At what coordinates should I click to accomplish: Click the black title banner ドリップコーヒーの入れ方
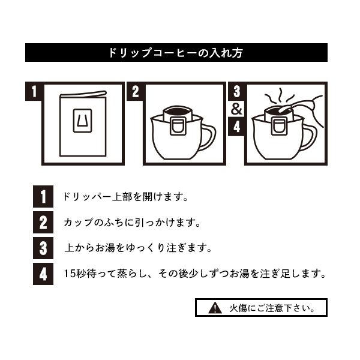(176, 52)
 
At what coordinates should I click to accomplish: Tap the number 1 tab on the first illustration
(34, 91)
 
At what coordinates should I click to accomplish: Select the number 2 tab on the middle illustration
(136, 91)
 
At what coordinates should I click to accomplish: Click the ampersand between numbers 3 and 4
(236, 109)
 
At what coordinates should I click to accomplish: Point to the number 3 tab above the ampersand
(236, 91)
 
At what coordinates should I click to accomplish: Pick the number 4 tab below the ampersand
(236, 127)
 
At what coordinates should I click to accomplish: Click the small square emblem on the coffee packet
(82, 121)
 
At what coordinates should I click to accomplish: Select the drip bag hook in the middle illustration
(178, 126)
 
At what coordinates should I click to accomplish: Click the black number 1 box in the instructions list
(43, 197)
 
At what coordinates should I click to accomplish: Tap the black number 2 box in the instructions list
(43, 222)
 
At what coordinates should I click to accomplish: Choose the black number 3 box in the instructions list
(43, 248)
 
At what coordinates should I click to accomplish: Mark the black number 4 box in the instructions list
(43, 274)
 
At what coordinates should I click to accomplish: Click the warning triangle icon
(215, 308)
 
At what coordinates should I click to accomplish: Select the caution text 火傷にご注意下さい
(272, 308)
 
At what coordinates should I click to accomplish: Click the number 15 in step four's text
(70, 274)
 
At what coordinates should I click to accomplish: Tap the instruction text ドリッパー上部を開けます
(125, 197)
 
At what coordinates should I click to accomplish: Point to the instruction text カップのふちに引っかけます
(132, 223)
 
